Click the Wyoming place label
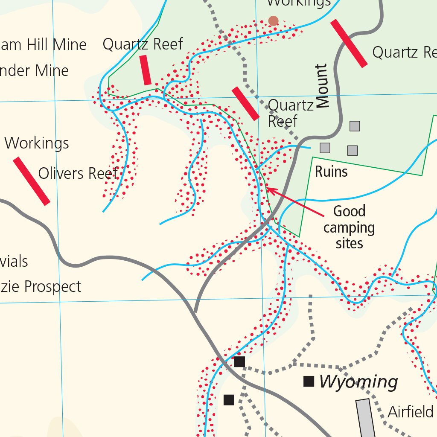(x=358, y=382)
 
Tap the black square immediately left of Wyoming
(x=309, y=381)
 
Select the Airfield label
(x=411, y=412)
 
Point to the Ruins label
(x=331, y=172)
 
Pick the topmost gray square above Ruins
(x=355, y=126)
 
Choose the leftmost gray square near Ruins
(x=325, y=148)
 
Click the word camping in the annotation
(x=349, y=227)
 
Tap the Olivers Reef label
(x=78, y=174)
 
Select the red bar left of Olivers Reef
(x=31, y=181)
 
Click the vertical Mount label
(x=323, y=86)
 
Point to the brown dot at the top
(x=273, y=20)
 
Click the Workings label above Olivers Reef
(x=37, y=143)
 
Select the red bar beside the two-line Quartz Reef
(x=245, y=103)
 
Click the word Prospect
(x=52, y=287)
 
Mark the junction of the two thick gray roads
(x=195, y=313)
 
